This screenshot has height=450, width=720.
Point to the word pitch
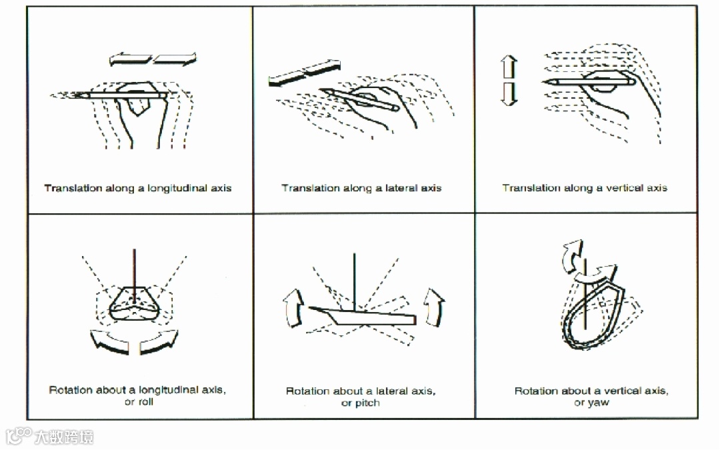tap(367, 403)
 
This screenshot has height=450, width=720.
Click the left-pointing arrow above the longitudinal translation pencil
tap(131, 60)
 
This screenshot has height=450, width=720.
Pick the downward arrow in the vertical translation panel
tap(509, 94)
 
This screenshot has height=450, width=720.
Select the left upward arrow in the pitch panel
tap(292, 307)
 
